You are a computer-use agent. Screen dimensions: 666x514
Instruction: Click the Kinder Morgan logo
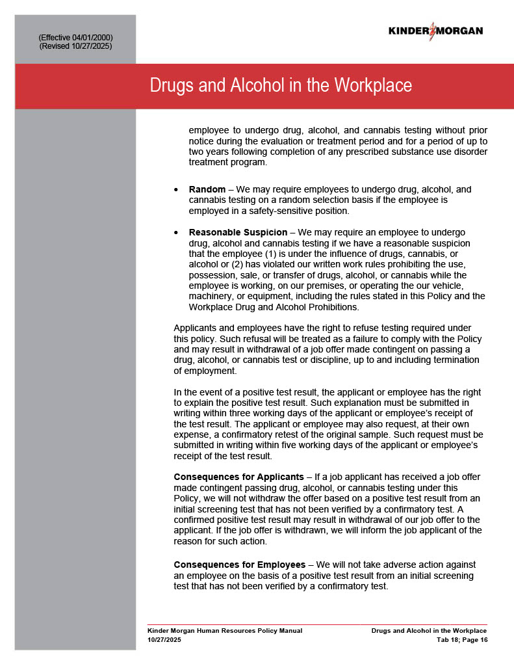pos(435,31)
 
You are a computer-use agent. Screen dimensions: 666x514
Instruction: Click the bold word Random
pos(207,190)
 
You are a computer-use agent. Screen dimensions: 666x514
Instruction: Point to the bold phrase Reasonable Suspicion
pos(238,232)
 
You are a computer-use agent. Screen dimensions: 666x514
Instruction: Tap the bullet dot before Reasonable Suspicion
pos(177,233)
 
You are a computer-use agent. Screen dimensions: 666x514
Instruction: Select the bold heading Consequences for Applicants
pos(238,477)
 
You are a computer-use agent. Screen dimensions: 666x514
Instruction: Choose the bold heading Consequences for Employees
pos(239,565)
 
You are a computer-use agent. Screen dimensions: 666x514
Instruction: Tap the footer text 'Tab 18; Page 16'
pos(461,640)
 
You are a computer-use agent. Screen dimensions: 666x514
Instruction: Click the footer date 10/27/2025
pos(164,640)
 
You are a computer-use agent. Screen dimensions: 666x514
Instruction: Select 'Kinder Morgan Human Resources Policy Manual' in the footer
pos(225,631)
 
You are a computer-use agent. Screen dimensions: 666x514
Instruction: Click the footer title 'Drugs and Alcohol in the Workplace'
pos(429,631)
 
